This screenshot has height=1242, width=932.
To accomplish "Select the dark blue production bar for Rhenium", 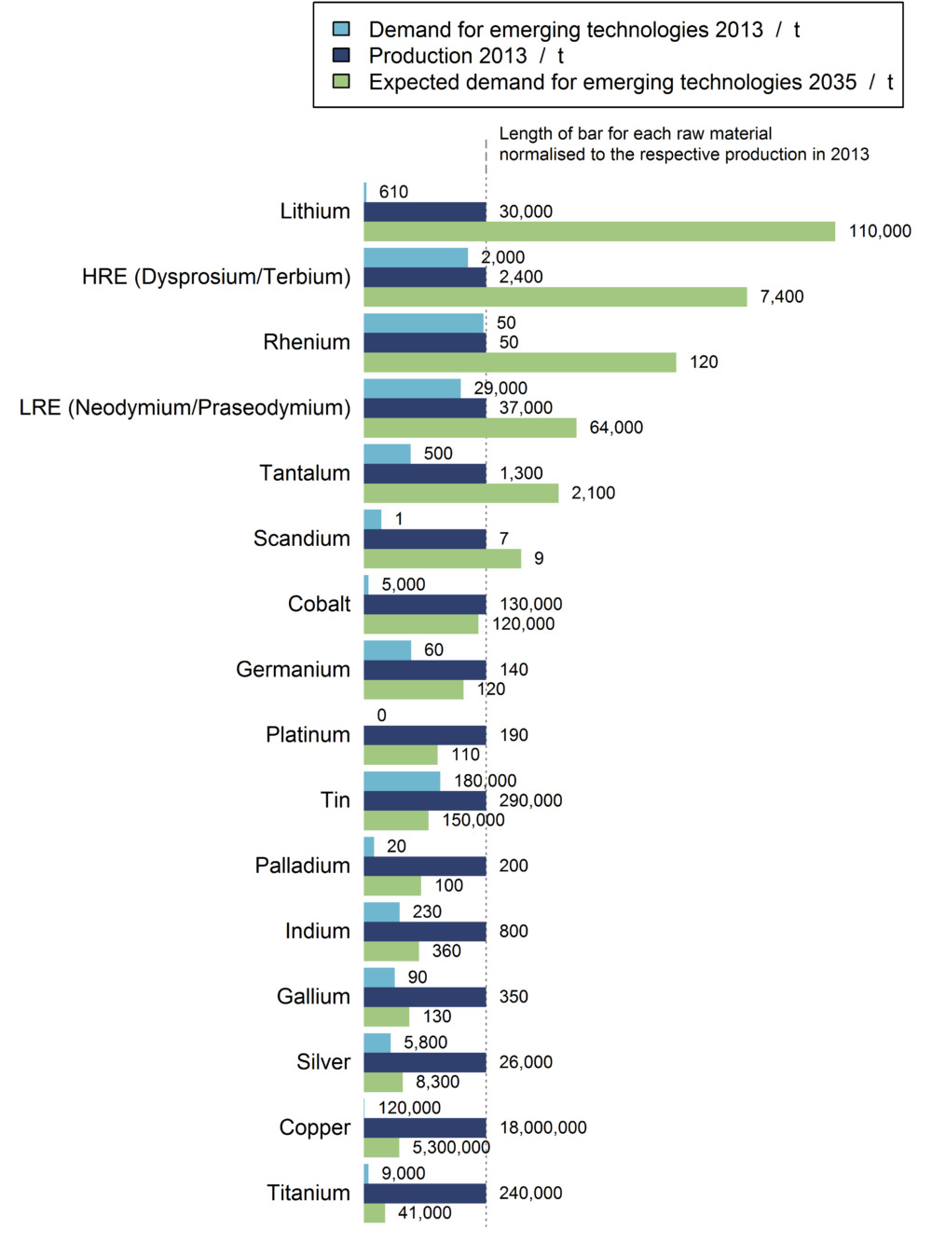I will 425,342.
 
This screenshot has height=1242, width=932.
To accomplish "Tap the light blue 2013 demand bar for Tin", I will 402,781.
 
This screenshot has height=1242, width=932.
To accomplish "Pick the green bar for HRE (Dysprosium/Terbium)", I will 555,296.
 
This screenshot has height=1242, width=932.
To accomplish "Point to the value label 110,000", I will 880,231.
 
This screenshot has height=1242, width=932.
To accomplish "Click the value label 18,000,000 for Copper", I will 543,1127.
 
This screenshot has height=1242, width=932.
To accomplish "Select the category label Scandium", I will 302,539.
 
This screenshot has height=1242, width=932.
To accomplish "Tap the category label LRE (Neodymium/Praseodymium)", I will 185,407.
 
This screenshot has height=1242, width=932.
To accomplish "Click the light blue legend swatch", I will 342,29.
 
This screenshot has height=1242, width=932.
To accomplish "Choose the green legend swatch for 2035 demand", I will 342,81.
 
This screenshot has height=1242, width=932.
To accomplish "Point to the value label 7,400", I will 782,296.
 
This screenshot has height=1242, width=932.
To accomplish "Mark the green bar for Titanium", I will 375,1213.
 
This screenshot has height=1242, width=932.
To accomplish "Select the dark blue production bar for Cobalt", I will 425,604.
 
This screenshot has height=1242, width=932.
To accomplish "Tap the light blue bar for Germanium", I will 388,649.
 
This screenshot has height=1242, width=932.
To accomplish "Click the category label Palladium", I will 303,866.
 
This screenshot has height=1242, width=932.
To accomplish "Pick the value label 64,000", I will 616,428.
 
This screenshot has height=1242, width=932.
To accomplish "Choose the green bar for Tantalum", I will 461,493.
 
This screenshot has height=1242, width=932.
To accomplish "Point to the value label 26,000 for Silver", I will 526,1062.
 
